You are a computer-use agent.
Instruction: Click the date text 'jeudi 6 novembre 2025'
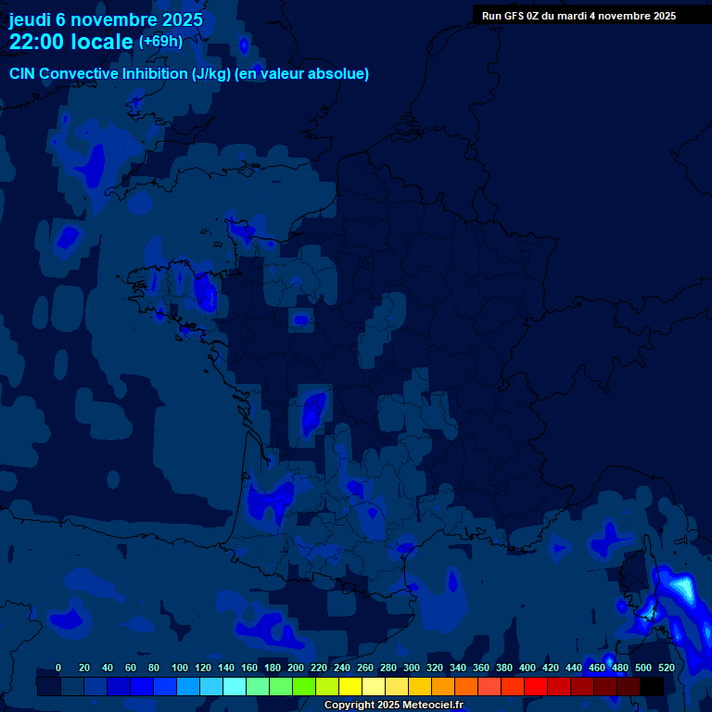[106, 19]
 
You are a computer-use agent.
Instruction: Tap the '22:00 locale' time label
[70, 42]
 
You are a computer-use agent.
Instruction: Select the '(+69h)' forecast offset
[160, 42]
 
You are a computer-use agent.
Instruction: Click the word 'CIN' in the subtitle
[24, 74]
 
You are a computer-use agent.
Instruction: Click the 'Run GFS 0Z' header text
[510, 16]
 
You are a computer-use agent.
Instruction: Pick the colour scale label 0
[58, 667]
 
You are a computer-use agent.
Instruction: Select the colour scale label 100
[180, 667]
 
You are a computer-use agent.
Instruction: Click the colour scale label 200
[296, 667]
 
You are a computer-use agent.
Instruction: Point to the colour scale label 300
[412, 667]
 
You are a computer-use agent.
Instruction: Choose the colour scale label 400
[528, 667]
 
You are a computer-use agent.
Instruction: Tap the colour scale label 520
[666, 667]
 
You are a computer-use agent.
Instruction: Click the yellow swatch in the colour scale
[350, 687]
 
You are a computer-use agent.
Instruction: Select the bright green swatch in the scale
[303, 687]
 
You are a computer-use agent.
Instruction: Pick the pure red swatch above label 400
[535, 687]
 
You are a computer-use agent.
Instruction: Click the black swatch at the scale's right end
[652, 687]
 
